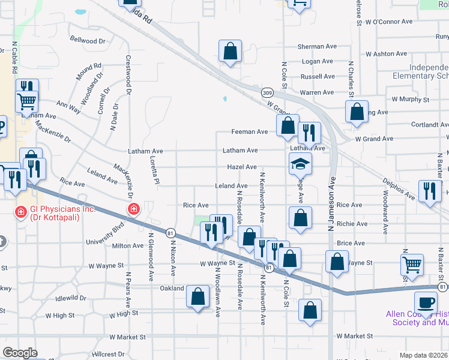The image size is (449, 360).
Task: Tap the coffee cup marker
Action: [x=426, y=302]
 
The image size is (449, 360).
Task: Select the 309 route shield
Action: [x=268, y=93]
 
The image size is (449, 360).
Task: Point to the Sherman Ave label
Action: [x=317, y=46]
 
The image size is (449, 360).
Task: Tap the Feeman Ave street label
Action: [x=249, y=131]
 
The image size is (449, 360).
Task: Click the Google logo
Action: [x=19, y=353]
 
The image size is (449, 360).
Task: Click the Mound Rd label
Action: [x=88, y=67]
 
